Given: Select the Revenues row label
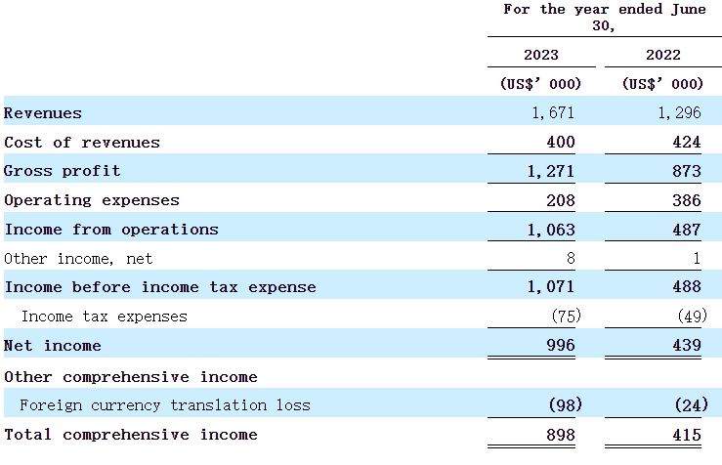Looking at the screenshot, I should click(43, 113).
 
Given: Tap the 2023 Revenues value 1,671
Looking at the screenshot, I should click(553, 113).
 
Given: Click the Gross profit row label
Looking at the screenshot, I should click(63, 171).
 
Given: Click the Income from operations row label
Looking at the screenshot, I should click(111, 230).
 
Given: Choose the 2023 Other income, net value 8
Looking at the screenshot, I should click(570, 259).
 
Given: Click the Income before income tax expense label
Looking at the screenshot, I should click(160, 287).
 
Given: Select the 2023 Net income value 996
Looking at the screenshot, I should click(561, 346).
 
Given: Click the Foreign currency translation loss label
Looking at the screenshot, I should click(164, 404).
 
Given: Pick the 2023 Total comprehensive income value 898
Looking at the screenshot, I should click(561, 435).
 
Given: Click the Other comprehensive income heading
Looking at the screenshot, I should click(131, 376).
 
